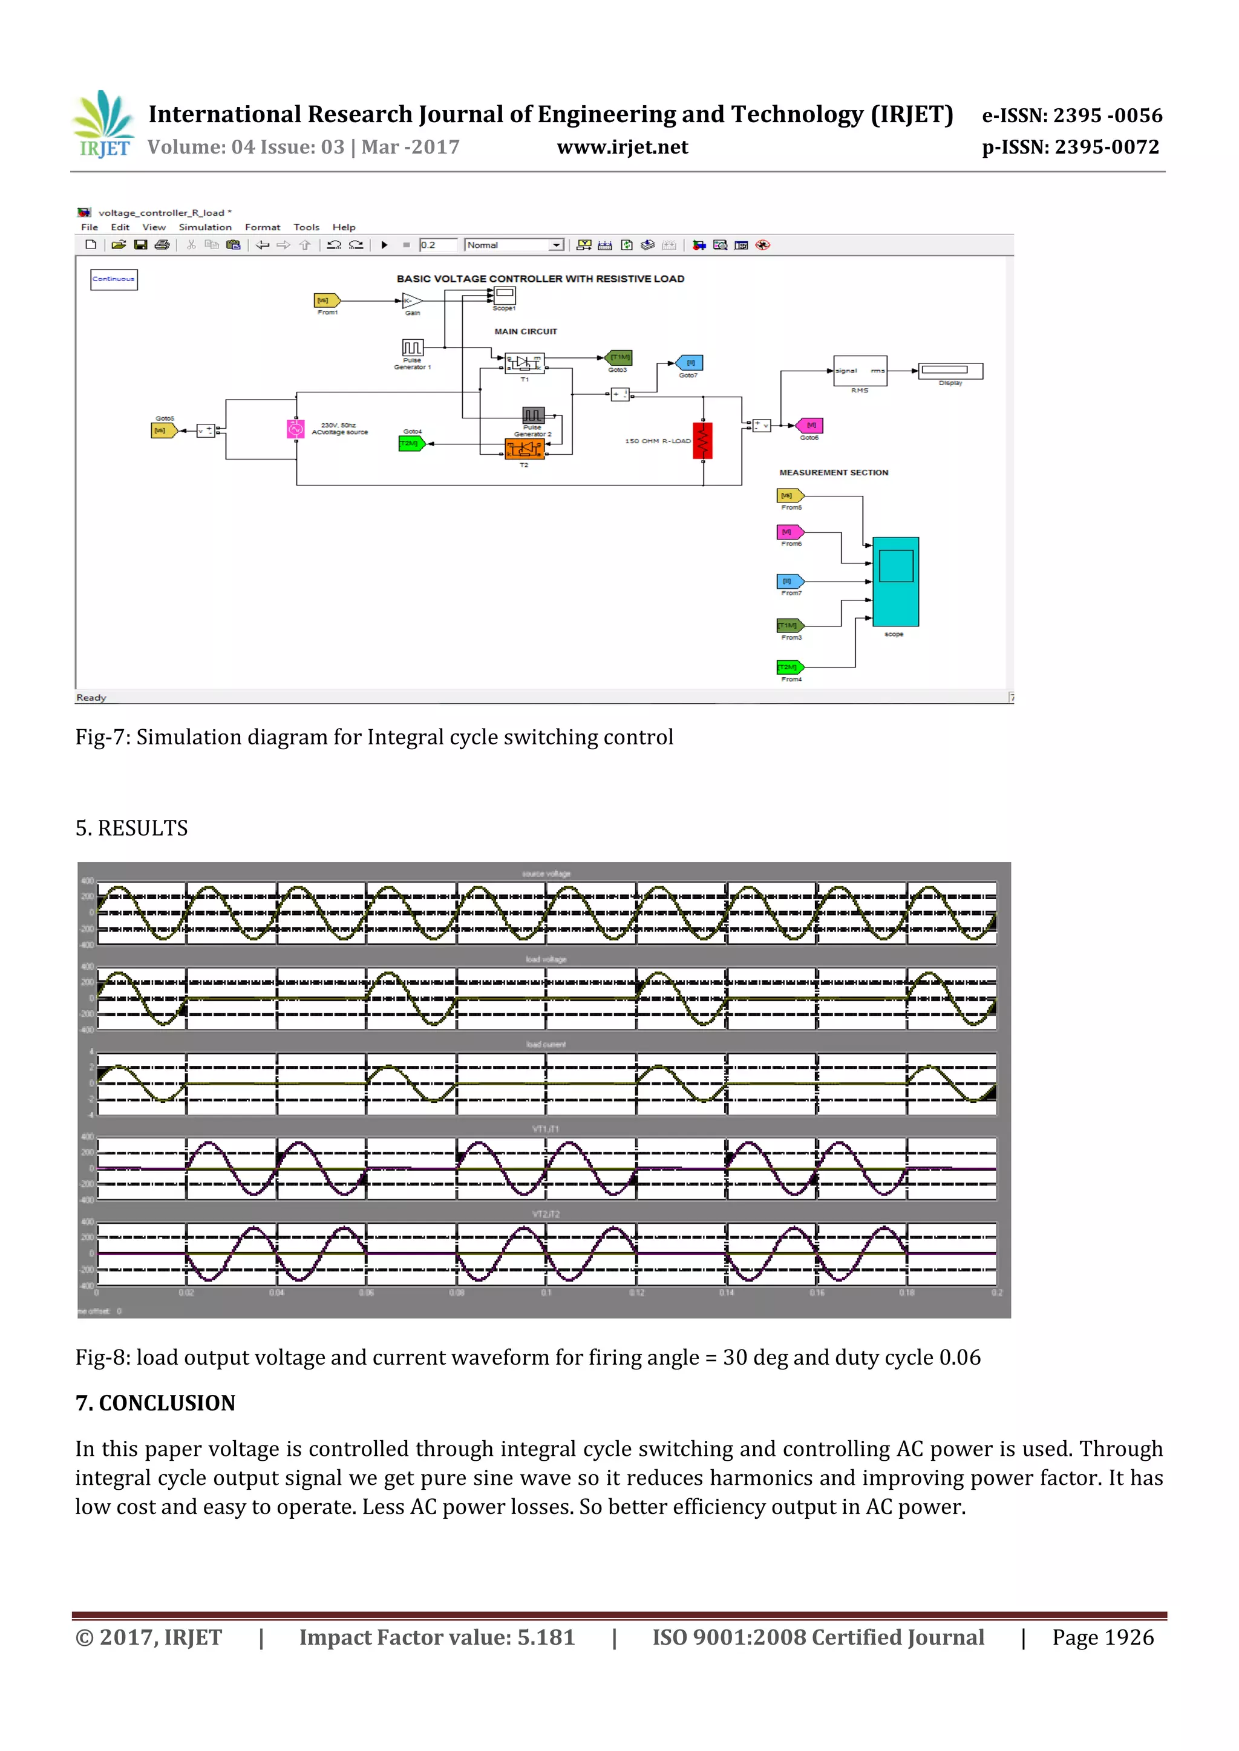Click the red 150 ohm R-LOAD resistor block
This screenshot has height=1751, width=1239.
point(702,441)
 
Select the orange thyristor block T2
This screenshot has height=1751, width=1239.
point(525,449)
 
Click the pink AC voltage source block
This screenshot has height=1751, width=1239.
point(295,429)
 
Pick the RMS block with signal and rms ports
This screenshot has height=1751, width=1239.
point(860,371)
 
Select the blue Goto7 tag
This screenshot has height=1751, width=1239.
point(689,363)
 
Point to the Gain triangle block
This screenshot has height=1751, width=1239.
point(411,300)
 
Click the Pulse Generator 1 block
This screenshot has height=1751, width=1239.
point(412,348)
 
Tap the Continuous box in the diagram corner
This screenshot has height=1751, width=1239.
point(114,279)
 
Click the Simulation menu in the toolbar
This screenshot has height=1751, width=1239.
point(204,227)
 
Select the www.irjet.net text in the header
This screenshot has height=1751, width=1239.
point(623,147)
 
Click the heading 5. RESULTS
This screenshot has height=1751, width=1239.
point(131,828)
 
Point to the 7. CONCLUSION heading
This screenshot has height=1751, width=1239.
point(155,1403)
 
